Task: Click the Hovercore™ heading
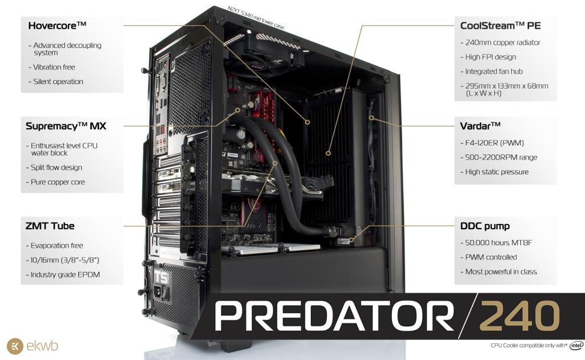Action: (57, 25)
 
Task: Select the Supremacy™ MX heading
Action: (66, 125)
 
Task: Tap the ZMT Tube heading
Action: (50, 225)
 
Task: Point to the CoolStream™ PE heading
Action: (500, 25)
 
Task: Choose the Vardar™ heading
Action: (480, 125)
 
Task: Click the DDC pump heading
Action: (485, 225)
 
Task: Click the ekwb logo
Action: (33, 346)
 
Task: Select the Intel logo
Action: (576, 345)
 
